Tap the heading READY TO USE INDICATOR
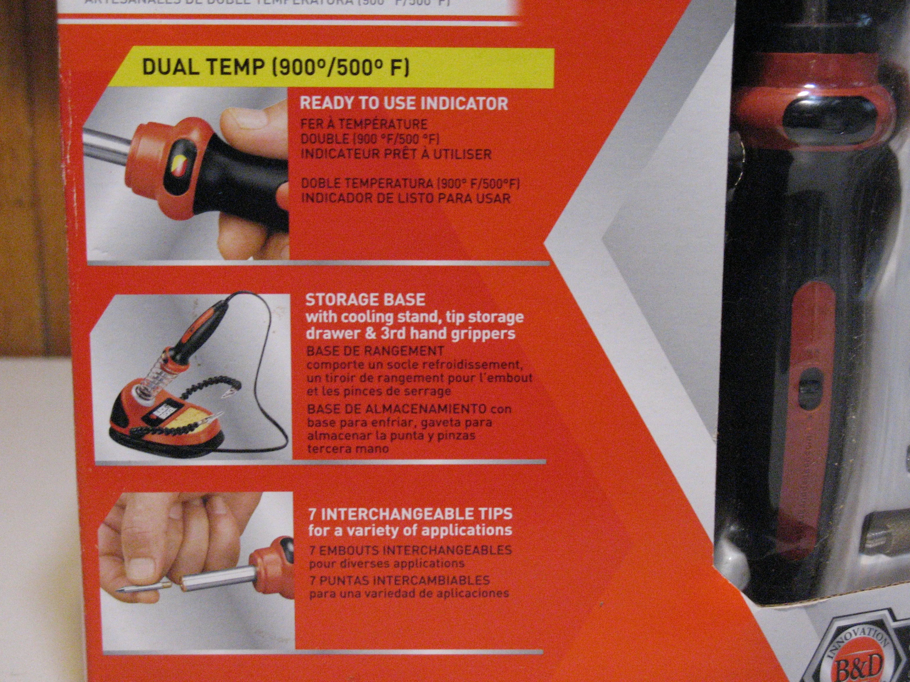coord(404,104)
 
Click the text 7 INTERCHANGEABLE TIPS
coord(410,513)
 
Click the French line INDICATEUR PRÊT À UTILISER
coord(396,155)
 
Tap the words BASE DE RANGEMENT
coord(375,351)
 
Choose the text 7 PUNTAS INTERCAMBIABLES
coord(399,581)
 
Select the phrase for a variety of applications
coord(410,529)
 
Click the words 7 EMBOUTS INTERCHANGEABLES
coord(410,550)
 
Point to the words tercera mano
coord(347,449)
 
